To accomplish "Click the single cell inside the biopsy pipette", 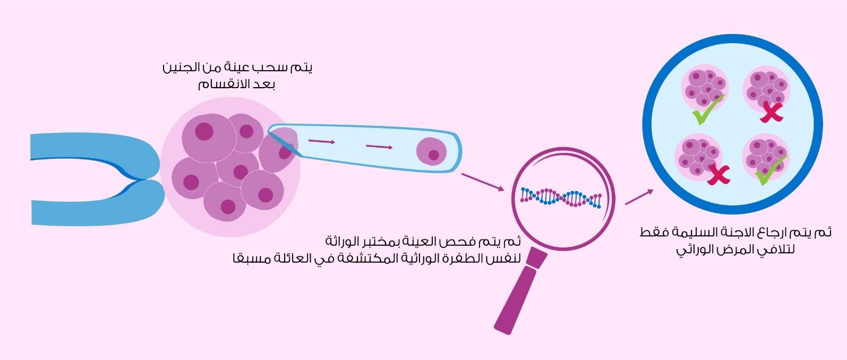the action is (431, 151).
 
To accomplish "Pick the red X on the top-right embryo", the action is (771, 112).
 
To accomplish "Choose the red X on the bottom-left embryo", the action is (718, 175).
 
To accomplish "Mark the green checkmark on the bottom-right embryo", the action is (771, 171).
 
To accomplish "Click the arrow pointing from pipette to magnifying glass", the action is (483, 182).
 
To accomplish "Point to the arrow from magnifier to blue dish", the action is (639, 196).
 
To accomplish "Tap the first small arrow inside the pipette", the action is (322, 142).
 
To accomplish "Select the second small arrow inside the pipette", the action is (379, 147).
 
